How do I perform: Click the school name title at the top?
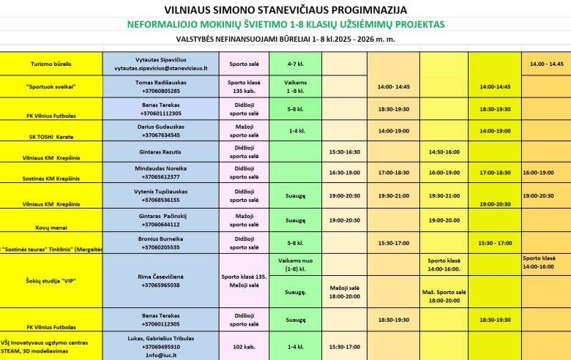point(285,10)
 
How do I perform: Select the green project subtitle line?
point(285,24)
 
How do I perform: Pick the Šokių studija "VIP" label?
point(51,280)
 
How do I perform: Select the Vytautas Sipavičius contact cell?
point(161,64)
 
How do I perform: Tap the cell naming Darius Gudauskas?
point(161,130)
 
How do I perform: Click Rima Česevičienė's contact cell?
point(161,280)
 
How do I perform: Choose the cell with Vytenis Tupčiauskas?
point(161,195)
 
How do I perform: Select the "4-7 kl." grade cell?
point(295,64)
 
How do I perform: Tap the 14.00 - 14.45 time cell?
point(546,64)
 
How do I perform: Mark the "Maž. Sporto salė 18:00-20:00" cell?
point(444,296)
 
